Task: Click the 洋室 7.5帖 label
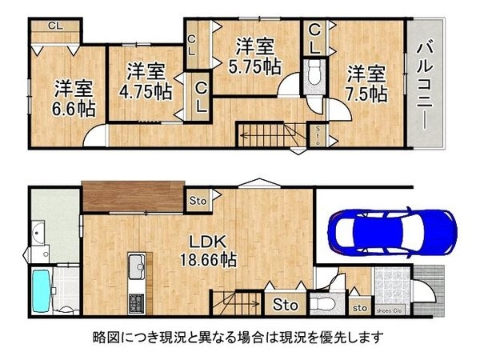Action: tap(366, 84)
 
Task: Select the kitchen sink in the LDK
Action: tap(135, 265)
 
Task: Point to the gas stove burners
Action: tap(135, 303)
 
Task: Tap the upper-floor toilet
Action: tap(314, 77)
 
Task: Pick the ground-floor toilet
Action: tap(322, 303)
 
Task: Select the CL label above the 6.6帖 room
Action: tap(54, 25)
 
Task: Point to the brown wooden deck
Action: tap(127, 197)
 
